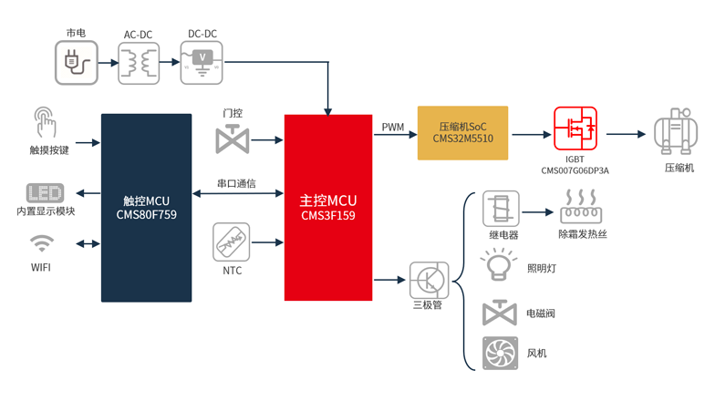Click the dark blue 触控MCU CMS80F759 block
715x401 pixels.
pos(146,208)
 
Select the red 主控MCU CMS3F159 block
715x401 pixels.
pos(328,208)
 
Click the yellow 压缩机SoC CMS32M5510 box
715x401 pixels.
pos(462,133)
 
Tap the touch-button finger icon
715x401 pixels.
pos(44,124)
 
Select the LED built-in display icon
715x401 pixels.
pos(45,193)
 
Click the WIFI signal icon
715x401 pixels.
pos(42,244)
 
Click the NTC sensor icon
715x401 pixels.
pos(232,242)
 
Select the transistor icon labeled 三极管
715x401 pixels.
pos(428,279)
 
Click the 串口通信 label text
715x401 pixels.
pos(236,184)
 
